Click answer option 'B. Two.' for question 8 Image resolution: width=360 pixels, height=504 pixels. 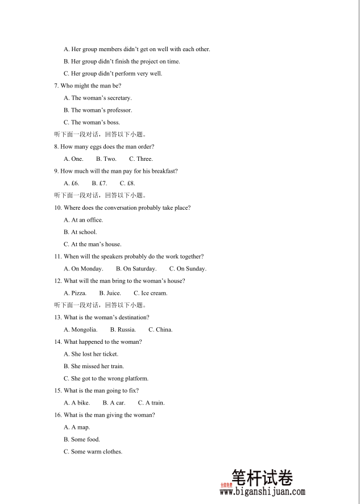(106, 159)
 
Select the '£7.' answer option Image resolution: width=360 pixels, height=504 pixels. (100, 184)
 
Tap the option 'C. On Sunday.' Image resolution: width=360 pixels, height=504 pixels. (188, 269)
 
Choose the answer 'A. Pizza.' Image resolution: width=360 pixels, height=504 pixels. (75, 293)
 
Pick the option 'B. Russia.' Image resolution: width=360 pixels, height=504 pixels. (123, 330)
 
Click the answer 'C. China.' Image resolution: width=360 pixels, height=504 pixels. (160, 330)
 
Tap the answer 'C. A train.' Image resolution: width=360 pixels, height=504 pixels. (151, 403)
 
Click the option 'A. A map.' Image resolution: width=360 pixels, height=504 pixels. (77, 427)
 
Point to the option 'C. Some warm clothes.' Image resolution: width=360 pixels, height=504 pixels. (93, 452)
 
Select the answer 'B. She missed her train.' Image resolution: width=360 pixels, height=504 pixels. (94, 366)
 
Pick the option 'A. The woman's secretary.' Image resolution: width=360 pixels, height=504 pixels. (97, 98)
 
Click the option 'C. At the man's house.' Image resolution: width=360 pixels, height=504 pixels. (92, 244)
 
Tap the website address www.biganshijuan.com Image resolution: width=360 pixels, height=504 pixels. (263, 492)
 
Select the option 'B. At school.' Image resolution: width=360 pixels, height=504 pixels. (80, 232)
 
